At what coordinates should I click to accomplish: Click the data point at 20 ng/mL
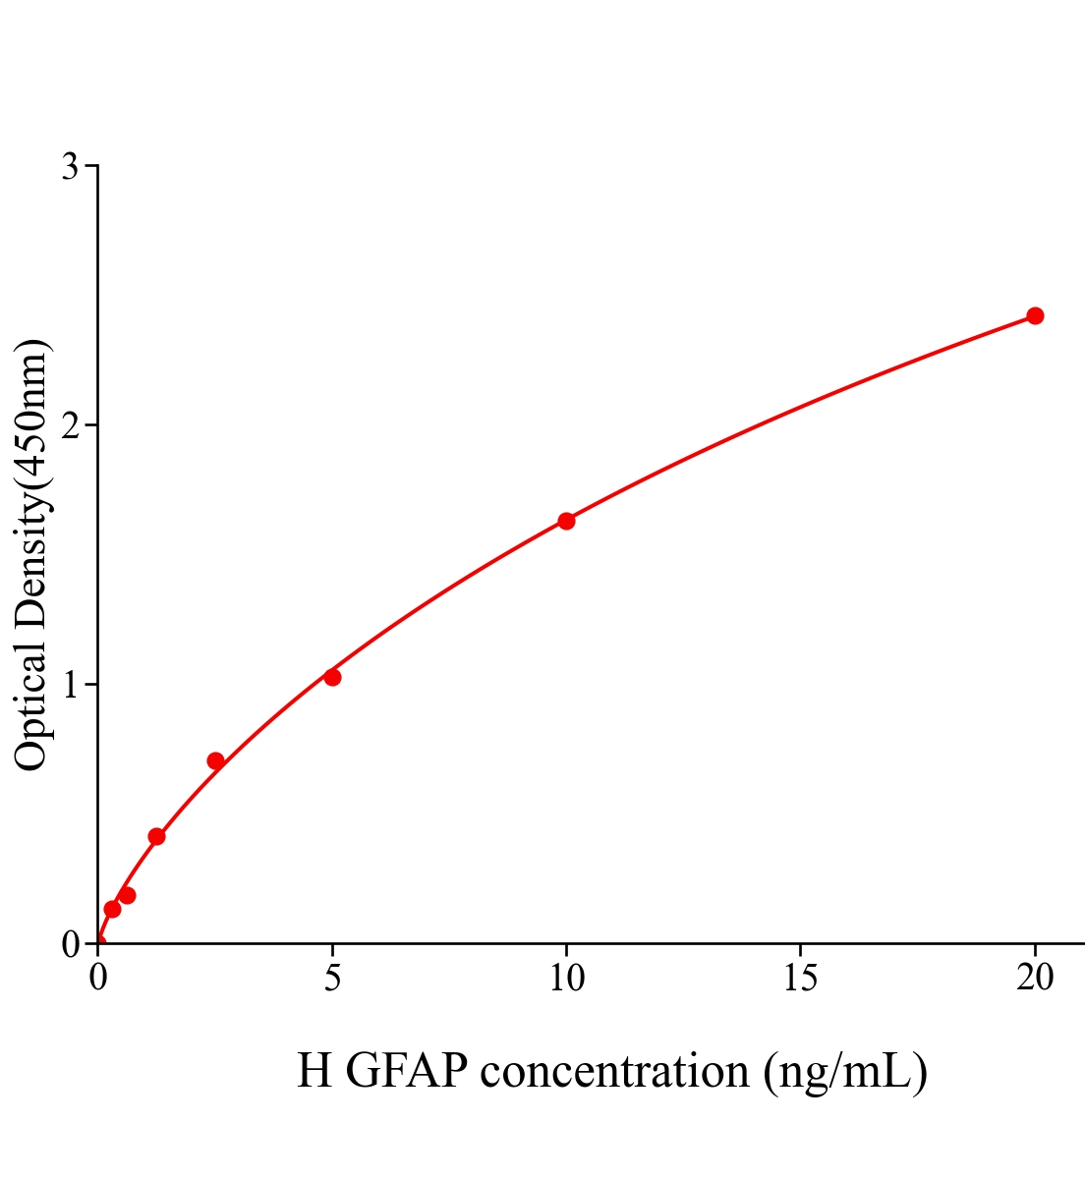click(x=1034, y=315)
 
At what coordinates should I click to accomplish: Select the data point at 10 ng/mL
click(x=566, y=521)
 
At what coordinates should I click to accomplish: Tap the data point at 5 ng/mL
click(x=332, y=677)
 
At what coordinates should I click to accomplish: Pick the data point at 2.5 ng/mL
click(x=215, y=760)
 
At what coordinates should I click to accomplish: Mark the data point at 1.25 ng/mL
click(x=156, y=836)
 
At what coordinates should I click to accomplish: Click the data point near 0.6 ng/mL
click(x=127, y=895)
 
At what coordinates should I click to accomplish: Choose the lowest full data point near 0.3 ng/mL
click(x=112, y=909)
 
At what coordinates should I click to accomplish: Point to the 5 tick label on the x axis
click(x=332, y=978)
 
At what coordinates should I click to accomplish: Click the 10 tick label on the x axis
click(x=566, y=978)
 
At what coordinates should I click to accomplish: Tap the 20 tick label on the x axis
click(x=1034, y=978)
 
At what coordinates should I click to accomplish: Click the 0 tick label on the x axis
click(x=98, y=978)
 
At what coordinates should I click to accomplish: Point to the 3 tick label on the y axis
click(x=70, y=167)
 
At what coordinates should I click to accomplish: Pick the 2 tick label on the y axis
click(x=70, y=425)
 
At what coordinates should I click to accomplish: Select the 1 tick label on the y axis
click(x=70, y=685)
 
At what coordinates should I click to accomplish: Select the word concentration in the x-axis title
click(x=615, y=1071)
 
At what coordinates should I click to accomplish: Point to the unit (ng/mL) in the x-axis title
click(x=845, y=1071)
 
